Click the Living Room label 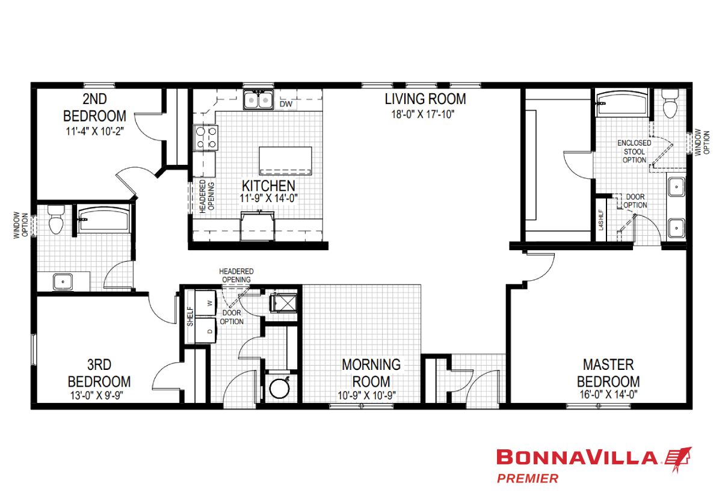click(x=425, y=99)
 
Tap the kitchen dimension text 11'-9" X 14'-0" click(x=268, y=198)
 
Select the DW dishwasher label click(x=286, y=103)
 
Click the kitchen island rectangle click(x=285, y=161)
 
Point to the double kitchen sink click(x=258, y=100)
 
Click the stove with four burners click(x=206, y=138)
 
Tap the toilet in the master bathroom click(x=670, y=103)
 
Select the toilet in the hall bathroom click(x=56, y=220)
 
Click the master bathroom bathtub click(x=622, y=103)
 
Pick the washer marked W click(x=206, y=303)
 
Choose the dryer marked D click(x=206, y=331)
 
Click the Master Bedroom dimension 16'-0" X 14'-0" click(x=608, y=395)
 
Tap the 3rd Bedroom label click(x=99, y=374)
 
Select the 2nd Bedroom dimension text click(x=95, y=131)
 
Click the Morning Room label click(x=371, y=374)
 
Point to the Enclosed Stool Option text click(x=634, y=152)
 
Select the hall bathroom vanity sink click(x=63, y=281)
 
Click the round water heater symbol click(x=279, y=389)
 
